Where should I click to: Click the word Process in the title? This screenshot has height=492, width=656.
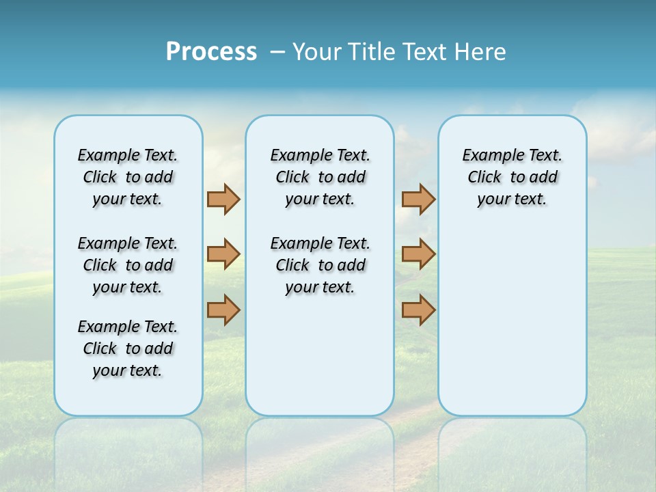tap(211, 52)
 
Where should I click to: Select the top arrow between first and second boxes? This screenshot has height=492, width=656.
tap(223, 199)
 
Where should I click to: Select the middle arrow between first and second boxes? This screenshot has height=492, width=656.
tap(223, 254)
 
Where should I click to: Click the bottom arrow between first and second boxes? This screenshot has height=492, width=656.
tap(223, 310)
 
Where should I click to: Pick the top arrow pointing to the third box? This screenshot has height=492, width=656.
tap(418, 199)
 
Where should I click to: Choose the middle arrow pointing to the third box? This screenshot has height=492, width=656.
tap(418, 254)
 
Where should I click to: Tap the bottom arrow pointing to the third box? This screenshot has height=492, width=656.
tap(418, 310)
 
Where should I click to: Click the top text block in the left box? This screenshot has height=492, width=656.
tap(128, 177)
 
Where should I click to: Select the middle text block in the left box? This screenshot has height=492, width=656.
tap(128, 265)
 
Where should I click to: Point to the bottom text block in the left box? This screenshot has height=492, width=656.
tap(128, 348)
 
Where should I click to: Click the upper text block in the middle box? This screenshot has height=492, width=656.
tap(320, 177)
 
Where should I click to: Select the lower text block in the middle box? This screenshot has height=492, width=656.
tap(320, 265)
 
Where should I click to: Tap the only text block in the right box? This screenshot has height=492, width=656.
tap(512, 177)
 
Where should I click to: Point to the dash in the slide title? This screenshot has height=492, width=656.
tap(277, 52)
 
